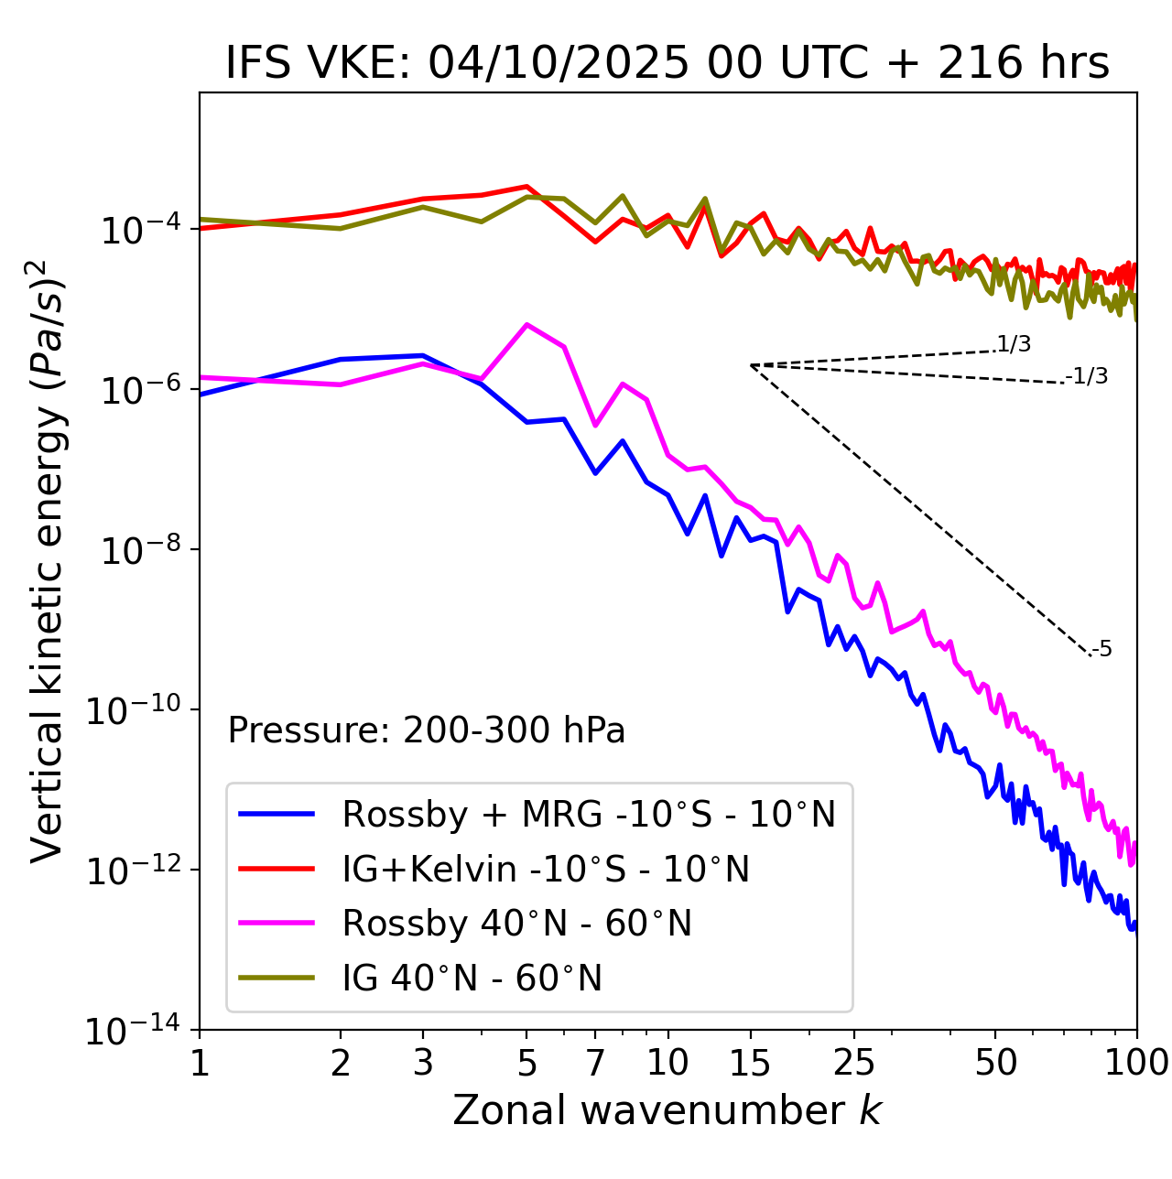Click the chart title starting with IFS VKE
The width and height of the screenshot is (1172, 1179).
point(667,64)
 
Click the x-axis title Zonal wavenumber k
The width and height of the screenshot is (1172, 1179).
point(667,1110)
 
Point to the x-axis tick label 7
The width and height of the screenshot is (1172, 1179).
point(595,1063)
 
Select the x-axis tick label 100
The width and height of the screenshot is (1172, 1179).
point(1136,1063)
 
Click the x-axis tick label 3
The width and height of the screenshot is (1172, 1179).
point(423,1063)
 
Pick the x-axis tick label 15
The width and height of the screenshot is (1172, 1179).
point(750,1063)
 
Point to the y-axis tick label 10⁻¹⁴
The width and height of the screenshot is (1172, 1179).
point(134,1032)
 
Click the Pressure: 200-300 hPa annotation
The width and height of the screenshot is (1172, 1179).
point(426,730)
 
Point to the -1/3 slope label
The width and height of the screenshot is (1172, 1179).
point(1088,376)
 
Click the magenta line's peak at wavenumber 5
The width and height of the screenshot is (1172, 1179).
point(526,325)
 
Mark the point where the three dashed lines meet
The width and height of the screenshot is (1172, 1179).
point(751,365)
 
